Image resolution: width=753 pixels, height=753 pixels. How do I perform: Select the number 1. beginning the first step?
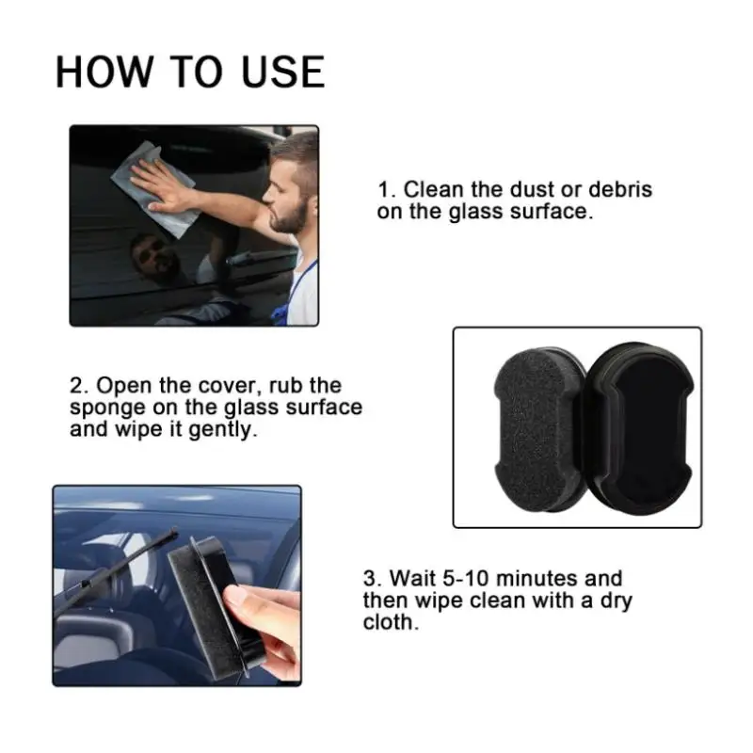point(386,190)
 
